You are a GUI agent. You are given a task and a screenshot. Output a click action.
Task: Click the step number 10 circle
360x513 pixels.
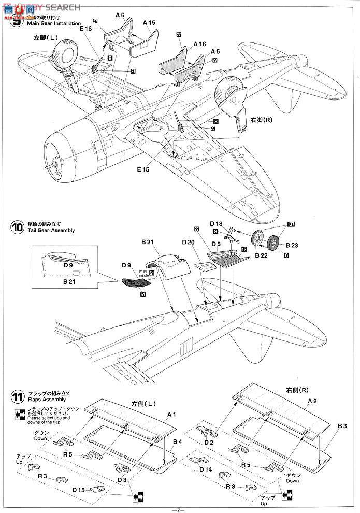17,227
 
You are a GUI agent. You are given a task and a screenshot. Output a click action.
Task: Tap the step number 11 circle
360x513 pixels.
17,398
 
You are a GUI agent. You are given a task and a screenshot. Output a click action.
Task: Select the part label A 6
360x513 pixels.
120,16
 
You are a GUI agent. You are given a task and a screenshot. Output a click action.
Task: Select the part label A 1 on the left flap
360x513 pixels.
172,415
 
